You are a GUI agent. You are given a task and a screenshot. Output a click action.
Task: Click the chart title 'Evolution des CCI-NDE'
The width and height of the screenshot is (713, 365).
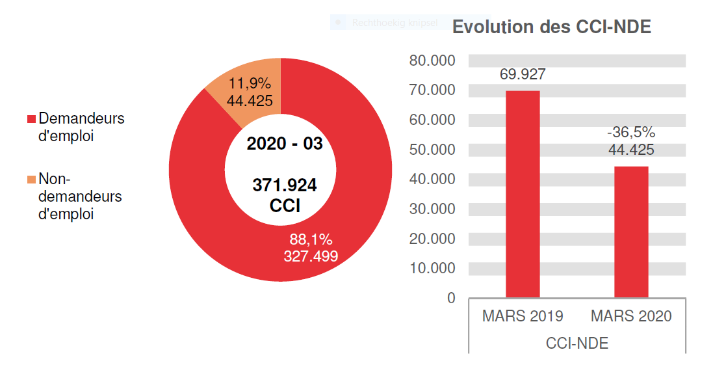coord(551,27)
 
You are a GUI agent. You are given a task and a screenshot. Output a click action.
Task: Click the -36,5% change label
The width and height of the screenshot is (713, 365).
coord(631,133)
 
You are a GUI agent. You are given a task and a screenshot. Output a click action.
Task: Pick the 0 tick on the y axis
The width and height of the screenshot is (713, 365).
coord(451,298)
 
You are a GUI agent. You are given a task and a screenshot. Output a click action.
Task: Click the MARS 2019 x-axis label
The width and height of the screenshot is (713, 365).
coord(523,317)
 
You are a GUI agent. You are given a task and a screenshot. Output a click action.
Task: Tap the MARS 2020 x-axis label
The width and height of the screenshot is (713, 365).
coord(631,317)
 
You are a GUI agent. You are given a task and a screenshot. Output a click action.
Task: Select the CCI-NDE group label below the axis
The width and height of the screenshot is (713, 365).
coord(577,344)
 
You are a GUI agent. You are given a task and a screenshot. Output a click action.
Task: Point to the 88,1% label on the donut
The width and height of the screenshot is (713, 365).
coord(311,239)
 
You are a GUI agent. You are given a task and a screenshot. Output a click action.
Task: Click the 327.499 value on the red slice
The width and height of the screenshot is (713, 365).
coord(311,256)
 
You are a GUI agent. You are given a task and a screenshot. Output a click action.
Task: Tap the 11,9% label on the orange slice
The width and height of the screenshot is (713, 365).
coord(249,85)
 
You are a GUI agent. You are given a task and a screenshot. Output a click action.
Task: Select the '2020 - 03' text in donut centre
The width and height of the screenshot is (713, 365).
coord(285,144)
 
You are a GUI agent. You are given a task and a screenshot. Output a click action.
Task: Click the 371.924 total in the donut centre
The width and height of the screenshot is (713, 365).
coord(285,186)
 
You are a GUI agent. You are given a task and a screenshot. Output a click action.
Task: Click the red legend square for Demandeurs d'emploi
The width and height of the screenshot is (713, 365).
coord(31,120)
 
